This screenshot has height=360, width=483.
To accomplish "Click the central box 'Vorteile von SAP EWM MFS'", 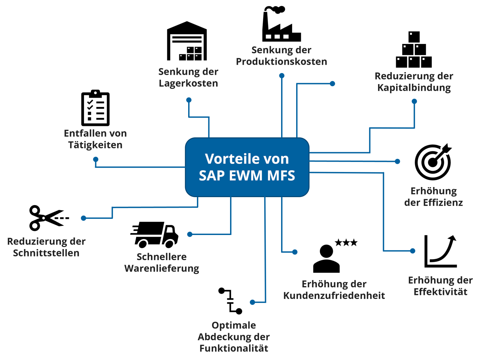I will pos(247,167).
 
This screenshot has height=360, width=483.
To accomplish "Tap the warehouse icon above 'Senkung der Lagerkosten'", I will pos(187,42).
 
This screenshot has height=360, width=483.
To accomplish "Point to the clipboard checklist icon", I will pos(95,108).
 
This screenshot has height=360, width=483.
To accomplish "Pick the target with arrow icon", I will pos(433,162).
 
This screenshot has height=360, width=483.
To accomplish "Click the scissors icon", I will pos(49,218).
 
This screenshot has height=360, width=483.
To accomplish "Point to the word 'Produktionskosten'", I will pos(281,62).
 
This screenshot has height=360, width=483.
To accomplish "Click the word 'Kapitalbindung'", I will pos(414,88).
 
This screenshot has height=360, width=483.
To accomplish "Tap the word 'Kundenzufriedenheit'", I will pos(334,296).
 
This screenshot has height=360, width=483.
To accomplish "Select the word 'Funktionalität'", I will pos(234,349).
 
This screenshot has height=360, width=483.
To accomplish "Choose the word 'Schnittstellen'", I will pos(46,253).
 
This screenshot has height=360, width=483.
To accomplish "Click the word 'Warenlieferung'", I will pos(162,268).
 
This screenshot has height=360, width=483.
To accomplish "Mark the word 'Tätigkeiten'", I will pos(95,145).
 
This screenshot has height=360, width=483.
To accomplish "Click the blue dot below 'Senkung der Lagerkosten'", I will pos(189,100).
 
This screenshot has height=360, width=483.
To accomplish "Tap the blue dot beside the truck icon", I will pos(190,234).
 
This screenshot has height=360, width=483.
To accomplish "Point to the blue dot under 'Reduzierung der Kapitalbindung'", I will pos(414,101).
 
